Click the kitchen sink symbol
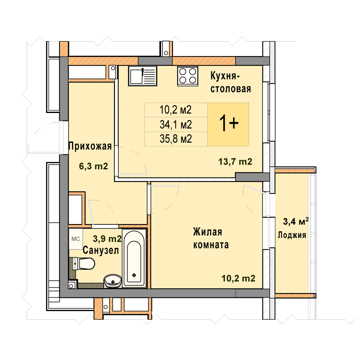(x=143, y=76)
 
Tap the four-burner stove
(x=188, y=76)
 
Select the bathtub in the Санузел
(x=134, y=258)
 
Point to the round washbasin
(x=113, y=281)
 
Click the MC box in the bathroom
(x=76, y=239)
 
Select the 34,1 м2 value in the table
(x=176, y=125)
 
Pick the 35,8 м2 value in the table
(x=176, y=139)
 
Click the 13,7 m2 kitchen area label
(x=235, y=162)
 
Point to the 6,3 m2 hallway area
(x=93, y=166)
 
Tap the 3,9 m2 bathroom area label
(x=107, y=239)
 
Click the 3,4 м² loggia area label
(x=296, y=221)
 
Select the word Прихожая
(x=90, y=146)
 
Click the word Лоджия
(x=292, y=235)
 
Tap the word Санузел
(x=101, y=250)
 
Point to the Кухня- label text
(x=225, y=76)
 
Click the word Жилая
(x=208, y=232)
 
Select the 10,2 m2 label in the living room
(x=238, y=278)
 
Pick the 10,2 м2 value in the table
(x=176, y=110)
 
